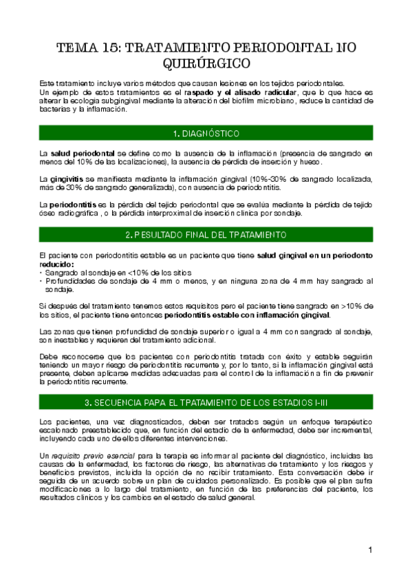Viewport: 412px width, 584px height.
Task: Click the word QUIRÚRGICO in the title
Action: [206, 65]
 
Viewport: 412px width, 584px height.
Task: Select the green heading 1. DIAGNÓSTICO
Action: [206, 133]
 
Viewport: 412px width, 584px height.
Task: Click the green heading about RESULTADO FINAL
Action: [206, 235]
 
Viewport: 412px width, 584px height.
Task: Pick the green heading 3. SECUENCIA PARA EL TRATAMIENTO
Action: [206, 401]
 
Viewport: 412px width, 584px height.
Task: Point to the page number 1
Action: [370, 550]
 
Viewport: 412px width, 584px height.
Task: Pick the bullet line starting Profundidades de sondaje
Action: [206, 281]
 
